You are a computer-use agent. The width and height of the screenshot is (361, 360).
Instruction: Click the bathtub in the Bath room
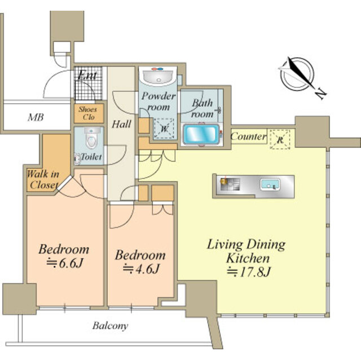(201, 134)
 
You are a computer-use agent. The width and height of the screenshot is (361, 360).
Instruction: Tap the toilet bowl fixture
(91, 137)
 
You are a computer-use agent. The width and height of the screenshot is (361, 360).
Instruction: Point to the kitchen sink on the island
(270, 185)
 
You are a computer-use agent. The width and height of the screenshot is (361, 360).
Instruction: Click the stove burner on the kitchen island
(230, 184)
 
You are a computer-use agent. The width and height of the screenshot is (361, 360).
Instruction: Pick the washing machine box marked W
(164, 128)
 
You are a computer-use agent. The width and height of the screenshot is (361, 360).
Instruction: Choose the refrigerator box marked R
(280, 139)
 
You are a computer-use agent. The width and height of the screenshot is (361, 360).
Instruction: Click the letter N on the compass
(321, 94)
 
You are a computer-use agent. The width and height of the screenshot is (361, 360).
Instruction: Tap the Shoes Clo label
(88, 113)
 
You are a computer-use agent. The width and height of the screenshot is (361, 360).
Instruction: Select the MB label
(36, 118)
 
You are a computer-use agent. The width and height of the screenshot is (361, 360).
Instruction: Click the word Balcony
(111, 326)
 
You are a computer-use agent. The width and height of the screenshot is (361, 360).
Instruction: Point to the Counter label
(248, 136)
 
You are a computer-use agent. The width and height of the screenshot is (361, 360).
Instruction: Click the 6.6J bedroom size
(65, 263)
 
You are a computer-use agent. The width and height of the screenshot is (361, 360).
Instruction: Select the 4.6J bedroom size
(141, 269)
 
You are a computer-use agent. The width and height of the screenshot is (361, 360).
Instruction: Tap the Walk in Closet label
(43, 179)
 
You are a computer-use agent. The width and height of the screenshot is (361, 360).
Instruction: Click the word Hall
(121, 124)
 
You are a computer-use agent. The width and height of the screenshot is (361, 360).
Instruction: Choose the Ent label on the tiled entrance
(87, 75)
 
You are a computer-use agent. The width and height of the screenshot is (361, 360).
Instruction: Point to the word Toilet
(91, 157)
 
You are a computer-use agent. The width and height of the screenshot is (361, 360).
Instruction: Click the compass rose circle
(297, 74)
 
